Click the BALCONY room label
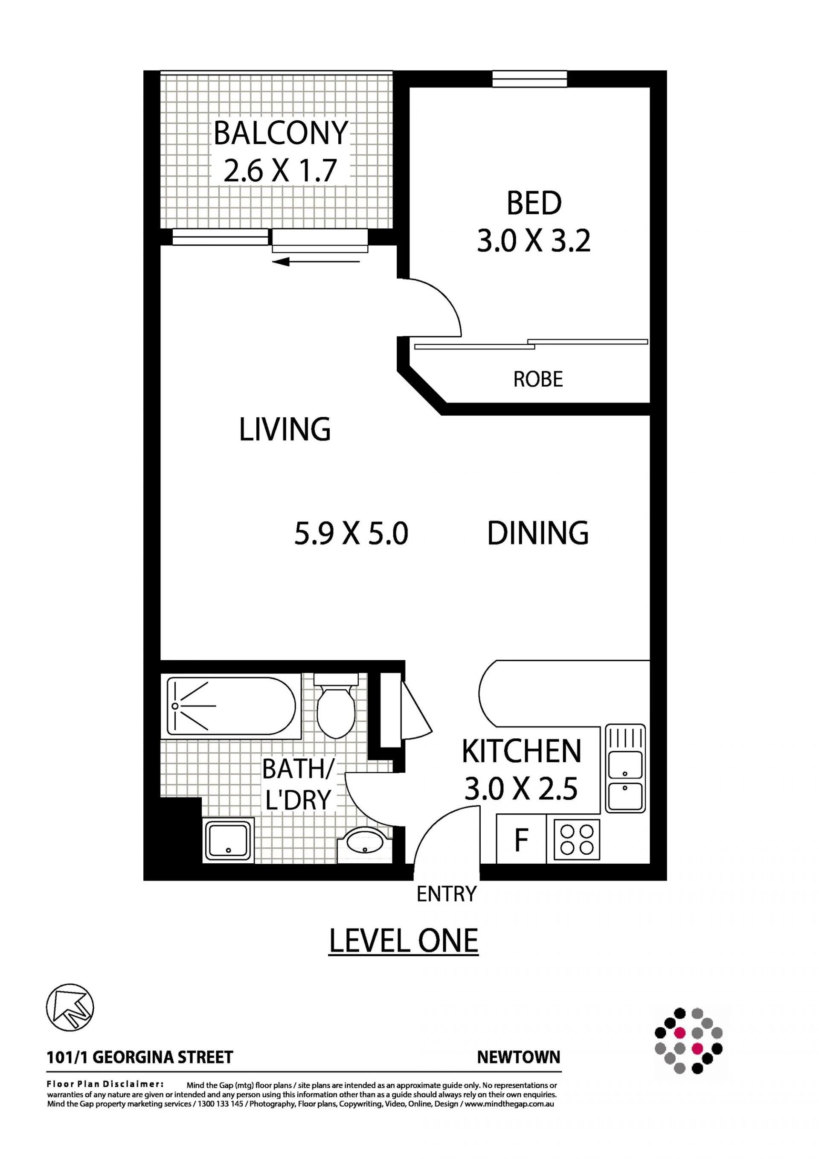pyautogui.click(x=281, y=133)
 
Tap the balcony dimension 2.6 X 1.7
pyautogui.click(x=280, y=171)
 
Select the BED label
pyautogui.click(x=534, y=203)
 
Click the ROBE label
pyautogui.click(x=538, y=379)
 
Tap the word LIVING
pyautogui.click(x=285, y=430)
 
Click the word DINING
pyautogui.click(x=537, y=533)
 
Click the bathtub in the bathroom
pyautogui.click(x=232, y=706)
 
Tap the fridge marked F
pyautogui.click(x=521, y=840)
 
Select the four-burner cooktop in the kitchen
pyautogui.click(x=576, y=840)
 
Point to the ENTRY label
pyautogui.click(x=446, y=894)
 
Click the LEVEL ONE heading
pyautogui.click(x=403, y=941)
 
